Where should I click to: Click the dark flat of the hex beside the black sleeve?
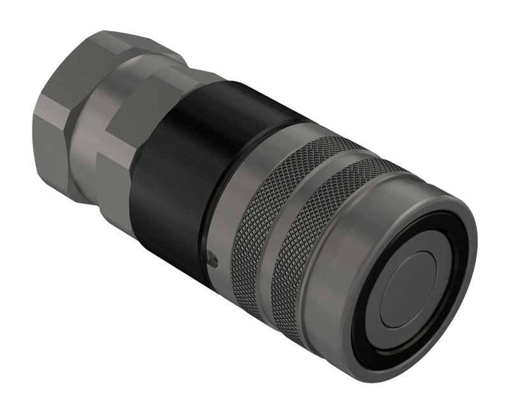point(134,108)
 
